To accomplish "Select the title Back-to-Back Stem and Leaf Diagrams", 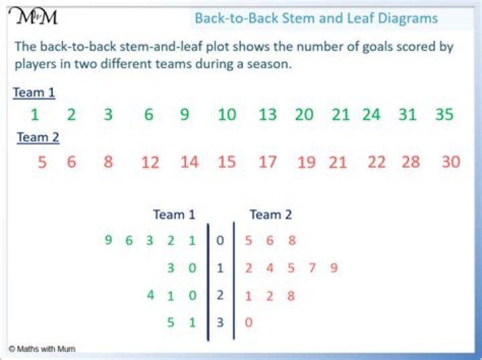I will pyautogui.click(x=316, y=18).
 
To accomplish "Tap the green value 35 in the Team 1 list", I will pyautogui.click(x=445, y=114).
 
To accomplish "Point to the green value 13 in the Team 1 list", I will pyautogui.click(x=267, y=114).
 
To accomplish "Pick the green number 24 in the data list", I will pyautogui.click(x=371, y=114).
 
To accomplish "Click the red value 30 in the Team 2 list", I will pyautogui.click(x=451, y=161).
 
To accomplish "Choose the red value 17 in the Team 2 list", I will pyautogui.click(x=267, y=161).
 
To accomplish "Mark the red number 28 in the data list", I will pyautogui.click(x=411, y=161).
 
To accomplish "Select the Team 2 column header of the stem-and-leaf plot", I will pyautogui.click(x=270, y=215).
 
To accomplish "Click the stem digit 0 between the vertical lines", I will pyautogui.click(x=220, y=241).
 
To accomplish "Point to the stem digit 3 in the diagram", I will pyautogui.click(x=220, y=323).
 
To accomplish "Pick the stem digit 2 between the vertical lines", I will pyautogui.click(x=220, y=295).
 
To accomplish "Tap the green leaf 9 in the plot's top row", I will pyautogui.click(x=108, y=240).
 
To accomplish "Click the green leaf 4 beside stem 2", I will pyautogui.click(x=151, y=295).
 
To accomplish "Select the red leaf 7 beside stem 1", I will pyautogui.click(x=313, y=268).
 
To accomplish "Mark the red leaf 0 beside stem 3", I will pyautogui.click(x=248, y=323).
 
